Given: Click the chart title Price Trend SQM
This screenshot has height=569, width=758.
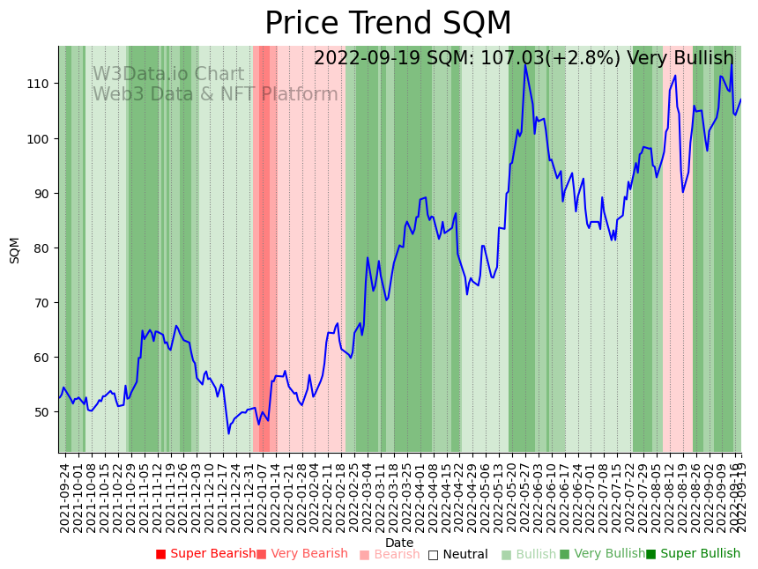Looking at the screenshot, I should [388, 23].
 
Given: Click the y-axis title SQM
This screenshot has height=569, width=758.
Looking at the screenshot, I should [15, 250].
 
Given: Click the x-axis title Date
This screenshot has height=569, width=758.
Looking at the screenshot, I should [399, 543].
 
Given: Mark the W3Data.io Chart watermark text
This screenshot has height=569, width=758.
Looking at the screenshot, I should [168, 75].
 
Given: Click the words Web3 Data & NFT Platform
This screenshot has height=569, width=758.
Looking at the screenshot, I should [215, 95].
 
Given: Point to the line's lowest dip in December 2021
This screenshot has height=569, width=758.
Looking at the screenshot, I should [228, 432].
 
